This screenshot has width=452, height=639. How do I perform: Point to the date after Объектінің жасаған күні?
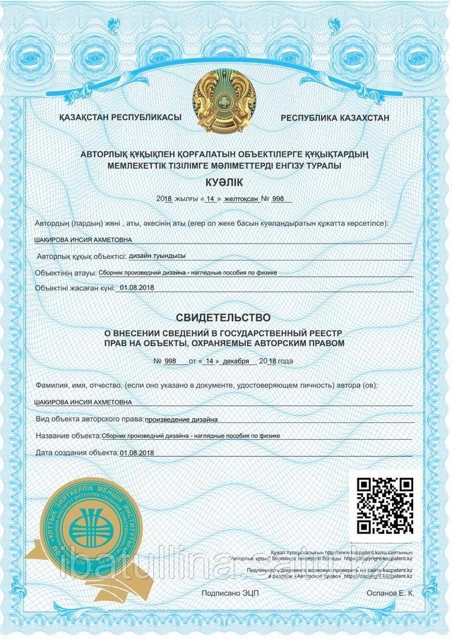pyautogui.click(x=137, y=288)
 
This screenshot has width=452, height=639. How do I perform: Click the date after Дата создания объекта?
pyautogui.click(x=137, y=452)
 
